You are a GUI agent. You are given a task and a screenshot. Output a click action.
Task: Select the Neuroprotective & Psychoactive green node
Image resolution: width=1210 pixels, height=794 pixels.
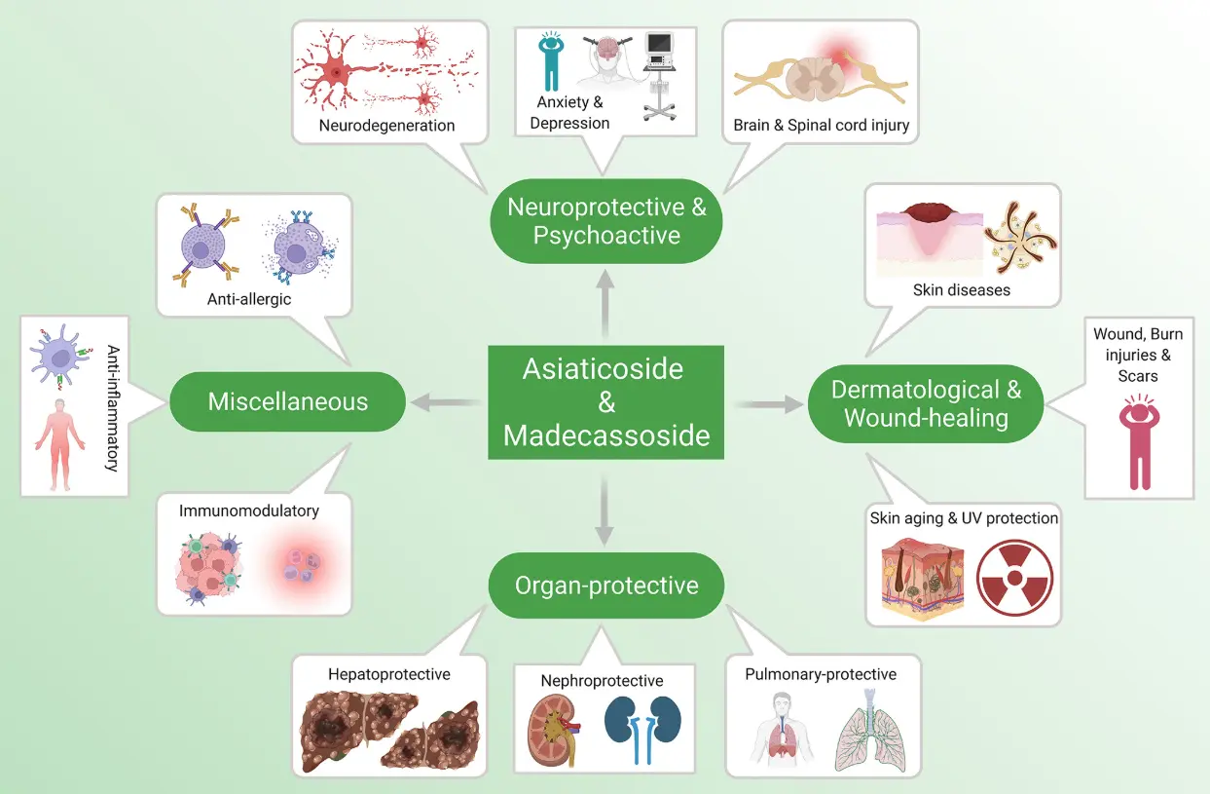click(x=605, y=220)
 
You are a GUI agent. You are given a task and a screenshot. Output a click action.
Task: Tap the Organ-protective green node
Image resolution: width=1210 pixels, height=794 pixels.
click(x=605, y=586)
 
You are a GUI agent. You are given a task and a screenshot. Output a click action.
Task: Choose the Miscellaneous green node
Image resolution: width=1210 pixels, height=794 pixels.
click(x=288, y=400)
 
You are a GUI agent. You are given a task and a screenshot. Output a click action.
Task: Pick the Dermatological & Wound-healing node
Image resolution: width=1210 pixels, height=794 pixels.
click(x=926, y=403)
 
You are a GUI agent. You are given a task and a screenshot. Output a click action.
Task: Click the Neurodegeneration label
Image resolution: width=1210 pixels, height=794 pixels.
click(x=386, y=126)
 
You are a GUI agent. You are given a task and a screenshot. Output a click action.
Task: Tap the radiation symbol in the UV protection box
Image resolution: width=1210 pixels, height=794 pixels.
click(x=1014, y=576)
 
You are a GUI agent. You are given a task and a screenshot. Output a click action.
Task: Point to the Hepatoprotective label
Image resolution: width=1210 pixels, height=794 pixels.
click(x=388, y=674)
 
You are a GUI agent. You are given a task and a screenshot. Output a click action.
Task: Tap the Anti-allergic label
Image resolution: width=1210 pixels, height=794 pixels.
click(x=249, y=299)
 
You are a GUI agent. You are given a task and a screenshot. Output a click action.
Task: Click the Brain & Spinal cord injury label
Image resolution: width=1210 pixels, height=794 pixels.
click(x=822, y=126)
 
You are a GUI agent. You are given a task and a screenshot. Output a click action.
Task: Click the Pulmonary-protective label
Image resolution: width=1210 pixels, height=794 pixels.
click(x=821, y=674)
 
